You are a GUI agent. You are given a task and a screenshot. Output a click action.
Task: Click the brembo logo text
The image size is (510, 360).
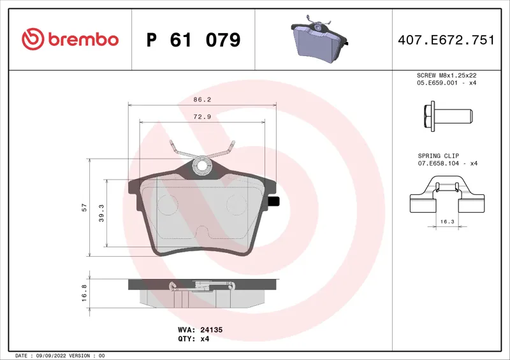point(84,40)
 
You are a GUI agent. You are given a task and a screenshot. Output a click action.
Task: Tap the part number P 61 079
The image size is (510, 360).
point(194,40)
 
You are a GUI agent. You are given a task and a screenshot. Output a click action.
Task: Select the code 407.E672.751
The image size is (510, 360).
point(446,40)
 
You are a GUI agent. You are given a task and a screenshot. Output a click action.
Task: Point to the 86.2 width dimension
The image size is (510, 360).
point(202,99)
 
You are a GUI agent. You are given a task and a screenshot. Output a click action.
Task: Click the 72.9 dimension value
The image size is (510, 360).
point(202,117)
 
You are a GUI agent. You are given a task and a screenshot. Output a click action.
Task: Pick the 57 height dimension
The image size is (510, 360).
point(84,207)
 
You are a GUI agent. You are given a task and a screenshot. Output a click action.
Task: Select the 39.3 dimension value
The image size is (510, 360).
point(101,213)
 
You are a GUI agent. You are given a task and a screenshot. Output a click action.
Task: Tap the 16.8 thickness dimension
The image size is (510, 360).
point(84,292)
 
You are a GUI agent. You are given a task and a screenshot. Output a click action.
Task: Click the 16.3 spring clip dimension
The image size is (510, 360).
point(447,222)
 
